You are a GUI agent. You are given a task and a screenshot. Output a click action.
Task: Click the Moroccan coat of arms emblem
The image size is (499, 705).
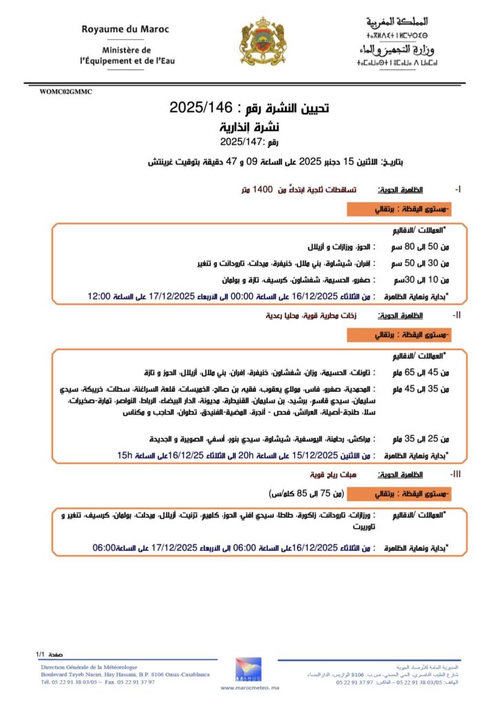(261, 42)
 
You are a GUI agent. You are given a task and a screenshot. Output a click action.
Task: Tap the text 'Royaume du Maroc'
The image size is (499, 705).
(125, 30)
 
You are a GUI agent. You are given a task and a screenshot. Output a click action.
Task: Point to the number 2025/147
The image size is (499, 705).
(237, 143)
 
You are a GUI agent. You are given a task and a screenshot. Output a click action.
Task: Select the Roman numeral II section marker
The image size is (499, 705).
(456, 315)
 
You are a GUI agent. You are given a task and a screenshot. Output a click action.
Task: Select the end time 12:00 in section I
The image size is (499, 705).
(99, 297)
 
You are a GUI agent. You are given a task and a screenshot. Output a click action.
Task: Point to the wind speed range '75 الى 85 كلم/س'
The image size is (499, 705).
(307, 493)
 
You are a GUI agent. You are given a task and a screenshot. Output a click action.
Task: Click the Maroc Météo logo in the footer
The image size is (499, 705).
(248, 670)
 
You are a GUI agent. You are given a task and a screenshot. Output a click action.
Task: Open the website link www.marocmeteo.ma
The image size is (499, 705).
(248, 688)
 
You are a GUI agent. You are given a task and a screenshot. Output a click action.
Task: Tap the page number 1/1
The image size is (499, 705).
(40, 653)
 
